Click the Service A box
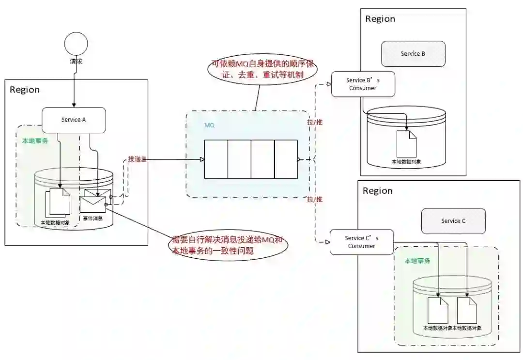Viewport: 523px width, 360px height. click(x=74, y=120)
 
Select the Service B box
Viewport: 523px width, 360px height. click(x=413, y=54)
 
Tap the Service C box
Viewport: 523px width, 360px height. click(x=453, y=221)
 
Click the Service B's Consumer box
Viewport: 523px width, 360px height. click(x=363, y=84)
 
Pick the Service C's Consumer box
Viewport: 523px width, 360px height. click(x=362, y=242)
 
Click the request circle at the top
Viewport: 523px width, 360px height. click(x=76, y=44)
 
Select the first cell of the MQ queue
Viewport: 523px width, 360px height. click(x=216, y=159)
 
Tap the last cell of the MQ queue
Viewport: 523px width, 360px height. click(x=286, y=159)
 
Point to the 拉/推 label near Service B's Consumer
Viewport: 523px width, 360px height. click(x=315, y=122)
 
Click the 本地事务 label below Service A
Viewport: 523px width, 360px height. click(x=35, y=141)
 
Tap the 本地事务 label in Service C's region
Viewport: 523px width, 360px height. click(x=417, y=261)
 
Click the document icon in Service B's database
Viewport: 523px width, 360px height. click(x=406, y=144)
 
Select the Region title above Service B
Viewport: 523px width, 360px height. click(x=380, y=19)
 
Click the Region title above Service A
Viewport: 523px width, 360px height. click(x=25, y=90)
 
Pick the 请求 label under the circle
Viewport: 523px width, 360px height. click(x=76, y=62)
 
